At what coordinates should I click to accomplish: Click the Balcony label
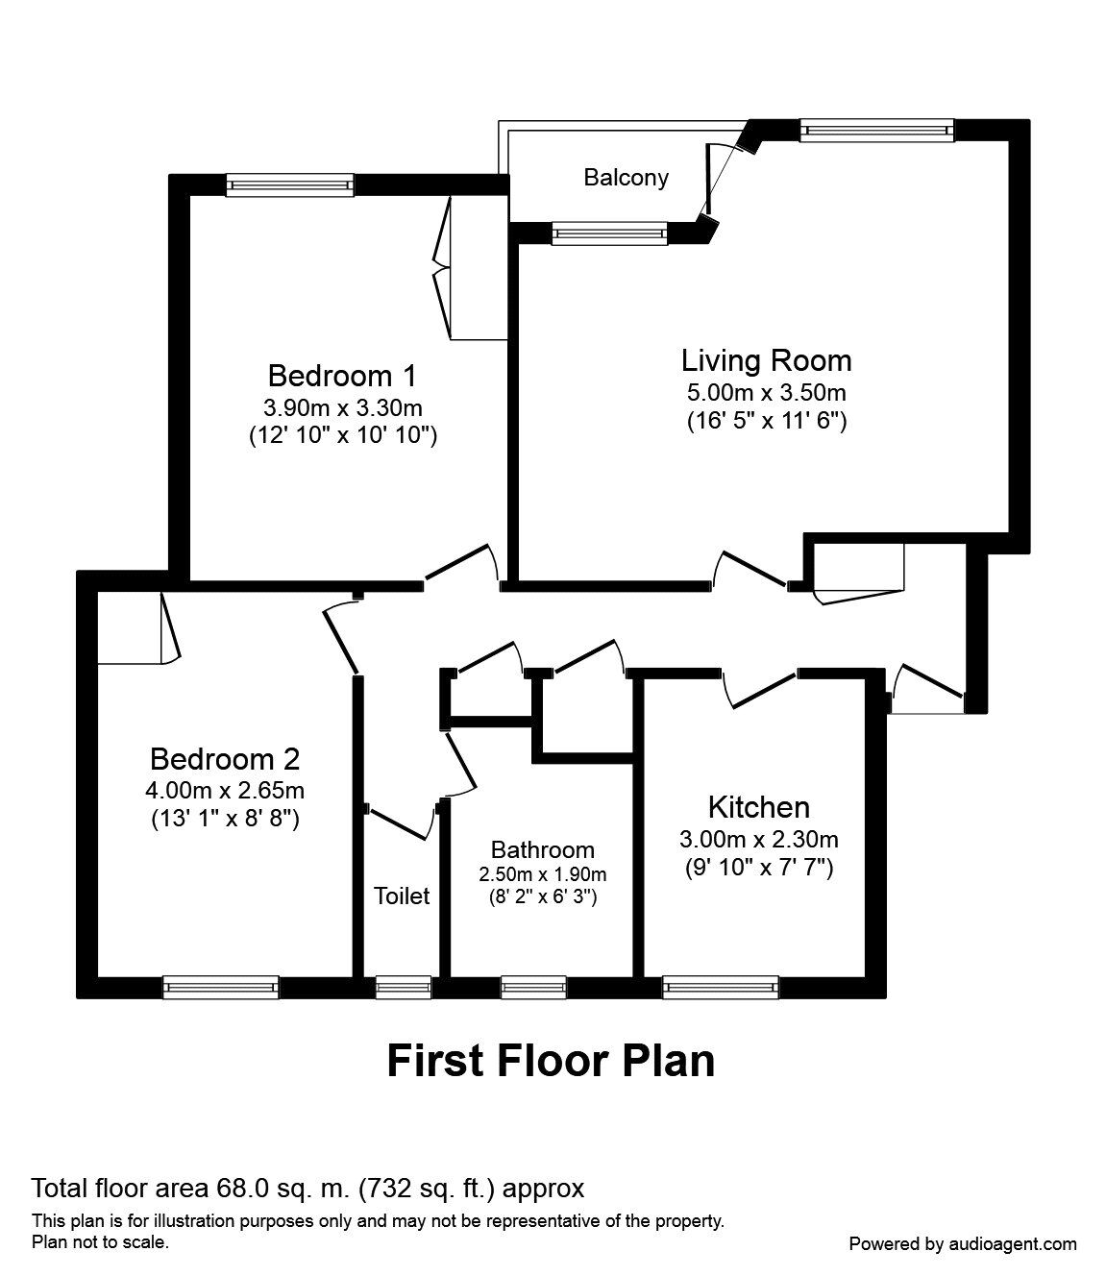coord(626,178)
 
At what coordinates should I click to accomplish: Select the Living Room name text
coord(766,360)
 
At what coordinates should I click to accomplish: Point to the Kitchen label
coord(758,806)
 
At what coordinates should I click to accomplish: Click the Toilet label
coord(402,896)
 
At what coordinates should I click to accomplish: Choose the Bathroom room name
coord(542,849)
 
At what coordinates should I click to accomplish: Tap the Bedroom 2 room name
coord(225,759)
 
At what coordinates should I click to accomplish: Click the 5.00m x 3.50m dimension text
coord(766,392)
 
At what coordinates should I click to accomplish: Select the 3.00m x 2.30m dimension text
coord(758,839)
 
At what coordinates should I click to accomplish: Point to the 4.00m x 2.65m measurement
coord(226,791)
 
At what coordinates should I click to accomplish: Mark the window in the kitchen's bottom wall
coord(720,987)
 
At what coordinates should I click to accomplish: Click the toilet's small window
coord(403,987)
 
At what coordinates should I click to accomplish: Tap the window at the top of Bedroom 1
coord(289,184)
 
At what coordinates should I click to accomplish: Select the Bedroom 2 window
coord(220,987)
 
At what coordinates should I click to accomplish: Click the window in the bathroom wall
coord(533,987)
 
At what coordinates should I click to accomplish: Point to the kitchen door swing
coord(760,689)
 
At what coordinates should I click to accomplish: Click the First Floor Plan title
coord(551,1061)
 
